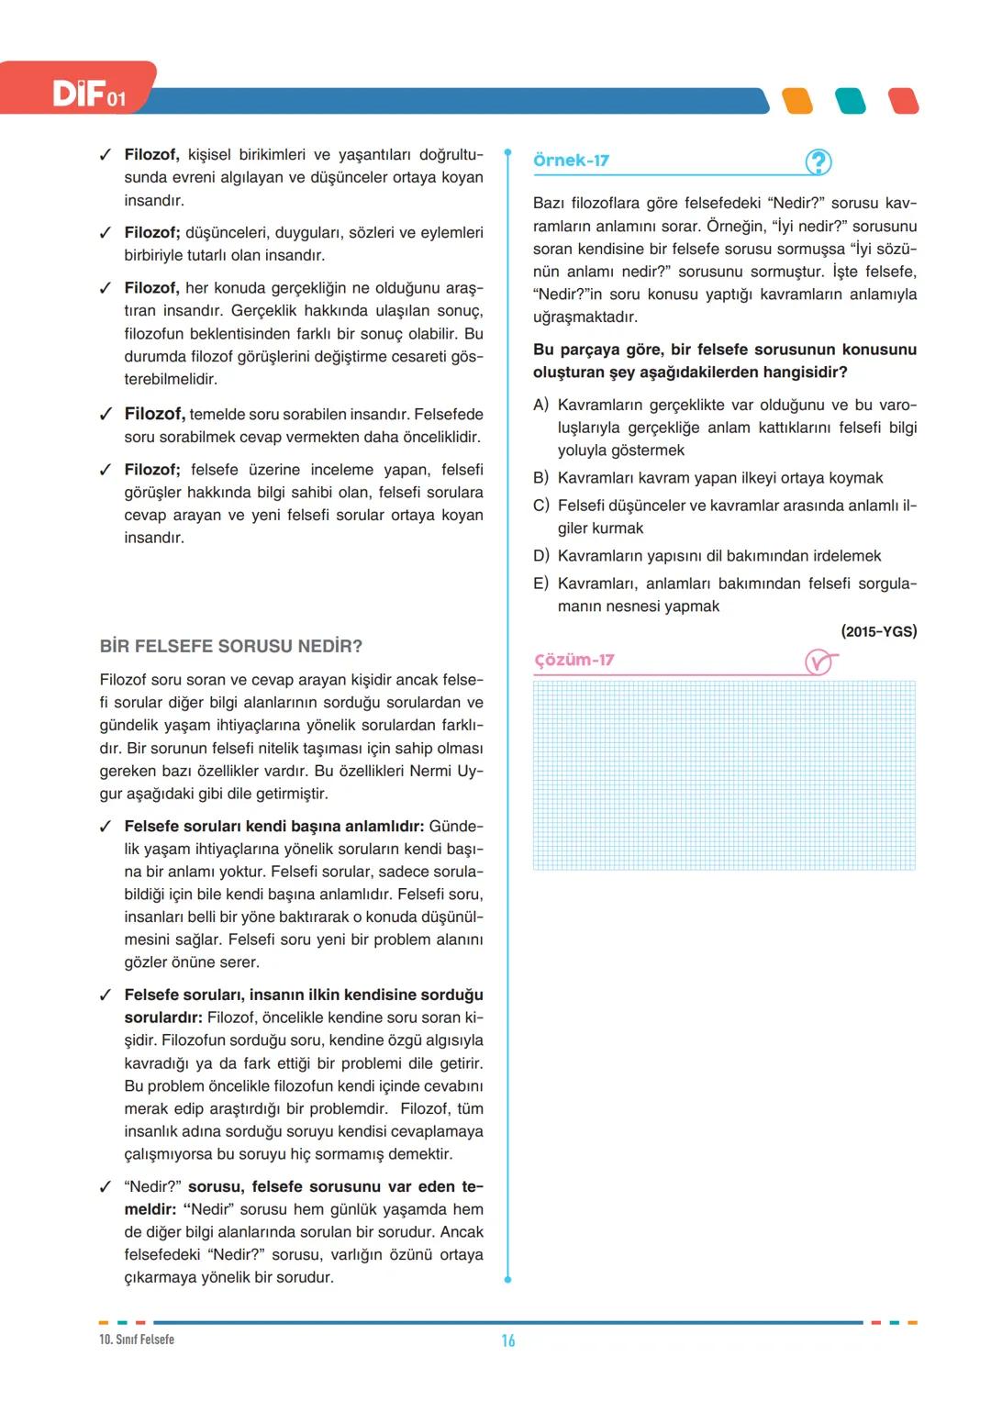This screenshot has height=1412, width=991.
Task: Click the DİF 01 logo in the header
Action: (x=89, y=94)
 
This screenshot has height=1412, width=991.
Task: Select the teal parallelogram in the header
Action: (x=851, y=101)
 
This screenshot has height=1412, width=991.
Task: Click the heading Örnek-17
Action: (x=571, y=161)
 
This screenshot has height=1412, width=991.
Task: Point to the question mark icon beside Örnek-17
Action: (x=818, y=162)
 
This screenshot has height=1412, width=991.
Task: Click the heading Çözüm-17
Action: (x=574, y=660)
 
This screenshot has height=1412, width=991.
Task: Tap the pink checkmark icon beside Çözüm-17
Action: (x=819, y=662)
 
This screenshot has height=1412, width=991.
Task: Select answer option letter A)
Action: (x=540, y=405)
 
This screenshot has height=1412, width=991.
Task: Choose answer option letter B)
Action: (x=540, y=478)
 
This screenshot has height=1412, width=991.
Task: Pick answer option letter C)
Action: (x=540, y=506)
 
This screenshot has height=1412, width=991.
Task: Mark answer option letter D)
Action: (x=540, y=556)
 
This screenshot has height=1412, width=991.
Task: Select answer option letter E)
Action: (x=540, y=584)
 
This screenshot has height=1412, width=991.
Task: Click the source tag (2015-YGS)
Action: (x=878, y=631)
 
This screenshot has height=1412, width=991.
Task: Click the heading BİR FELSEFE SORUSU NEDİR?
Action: (x=231, y=646)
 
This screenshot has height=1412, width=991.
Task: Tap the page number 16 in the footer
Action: (x=508, y=1340)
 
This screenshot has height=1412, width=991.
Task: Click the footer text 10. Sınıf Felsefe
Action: (x=137, y=1340)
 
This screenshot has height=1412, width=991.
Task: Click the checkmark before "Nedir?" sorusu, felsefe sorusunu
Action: (x=106, y=1186)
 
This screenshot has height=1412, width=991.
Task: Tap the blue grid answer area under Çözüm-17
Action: (x=724, y=775)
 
